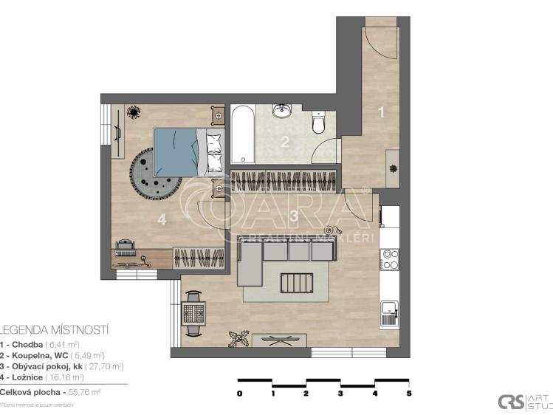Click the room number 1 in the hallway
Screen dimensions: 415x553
[x=381, y=112]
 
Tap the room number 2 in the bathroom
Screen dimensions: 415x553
[x=285, y=143]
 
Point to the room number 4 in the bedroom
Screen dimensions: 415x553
[x=161, y=219]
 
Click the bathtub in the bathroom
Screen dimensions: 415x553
[x=242, y=134]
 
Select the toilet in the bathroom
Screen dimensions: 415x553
[x=319, y=123]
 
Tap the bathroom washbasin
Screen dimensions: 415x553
[x=282, y=111]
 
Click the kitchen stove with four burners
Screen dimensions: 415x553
[x=389, y=259]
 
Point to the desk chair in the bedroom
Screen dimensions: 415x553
[x=124, y=247]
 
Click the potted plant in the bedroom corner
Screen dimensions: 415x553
[x=134, y=112]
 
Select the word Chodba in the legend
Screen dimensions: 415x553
[x=26, y=344]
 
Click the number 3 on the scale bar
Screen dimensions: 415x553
[x=341, y=394]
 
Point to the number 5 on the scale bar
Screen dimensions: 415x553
[x=409, y=394]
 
